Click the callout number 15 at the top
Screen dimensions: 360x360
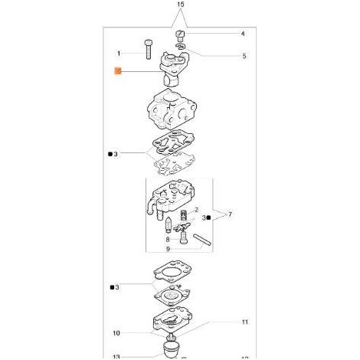click(x=180, y=5)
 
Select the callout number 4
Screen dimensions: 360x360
click(x=243, y=34)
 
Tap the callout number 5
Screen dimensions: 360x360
click(x=244, y=56)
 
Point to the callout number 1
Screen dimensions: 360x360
click(x=119, y=54)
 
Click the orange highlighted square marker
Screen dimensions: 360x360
click(x=118, y=71)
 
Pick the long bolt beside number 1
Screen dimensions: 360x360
click(x=148, y=49)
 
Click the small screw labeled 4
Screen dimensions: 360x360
click(x=180, y=35)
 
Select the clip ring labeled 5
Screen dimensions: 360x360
click(x=181, y=46)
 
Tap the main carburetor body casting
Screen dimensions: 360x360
click(x=172, y=110)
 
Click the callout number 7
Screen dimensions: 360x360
click(x=230, y=214)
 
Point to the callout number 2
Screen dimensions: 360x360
click(x=196, y=210)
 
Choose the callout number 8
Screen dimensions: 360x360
click(x=168, y=240)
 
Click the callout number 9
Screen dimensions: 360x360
click(x=168, y=249)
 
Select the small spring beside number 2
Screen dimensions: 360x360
click(x=184, y=215)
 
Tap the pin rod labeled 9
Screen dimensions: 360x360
click(x=202, y=240)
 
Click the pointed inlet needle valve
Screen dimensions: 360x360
click(x=169, y=224)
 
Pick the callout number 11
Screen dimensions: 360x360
click(x=244, y=322)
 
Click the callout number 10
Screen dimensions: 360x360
click(x=116, y=333)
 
